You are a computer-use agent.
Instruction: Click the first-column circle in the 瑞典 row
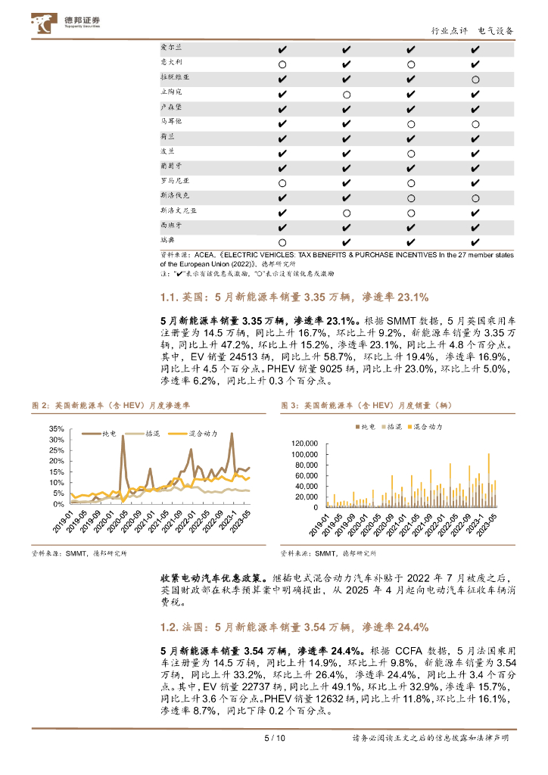pyautogui.click(x=282, y=241)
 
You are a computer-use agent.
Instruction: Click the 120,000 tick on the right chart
pyautogui.click(x=304, y=444)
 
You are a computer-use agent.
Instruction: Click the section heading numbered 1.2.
pyautogui.click(x=294, y=627)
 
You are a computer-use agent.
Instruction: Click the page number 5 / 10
pyautogui.click(x=274, y=738)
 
